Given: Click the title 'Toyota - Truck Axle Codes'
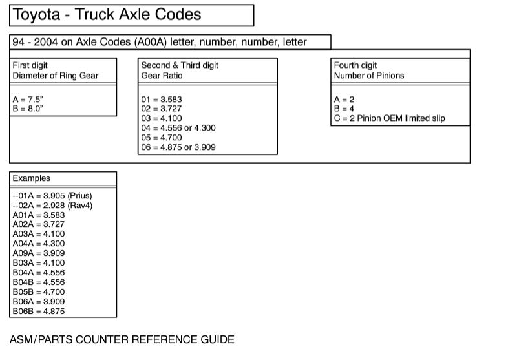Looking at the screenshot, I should (107, 14).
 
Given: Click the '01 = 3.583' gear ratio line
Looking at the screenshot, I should (161, 100).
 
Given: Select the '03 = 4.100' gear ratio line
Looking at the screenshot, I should (161, 118).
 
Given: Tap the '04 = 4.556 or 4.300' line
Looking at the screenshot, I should (178, 128).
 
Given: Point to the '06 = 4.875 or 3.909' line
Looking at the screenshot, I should (178, 147).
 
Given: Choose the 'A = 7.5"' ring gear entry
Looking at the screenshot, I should (28, 100).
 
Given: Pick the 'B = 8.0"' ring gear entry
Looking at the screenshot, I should (28, 109).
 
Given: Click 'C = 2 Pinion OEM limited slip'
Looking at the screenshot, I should (390, 118).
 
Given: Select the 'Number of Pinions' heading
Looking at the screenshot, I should (369, 76).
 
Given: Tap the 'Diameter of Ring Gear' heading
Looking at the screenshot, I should (56, 76).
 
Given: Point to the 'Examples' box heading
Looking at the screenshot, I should (31, 178).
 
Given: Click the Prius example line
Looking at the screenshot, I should (52, 195).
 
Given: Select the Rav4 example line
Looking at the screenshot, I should (52, 205).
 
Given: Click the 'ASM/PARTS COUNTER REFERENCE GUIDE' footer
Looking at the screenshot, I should (122, 339).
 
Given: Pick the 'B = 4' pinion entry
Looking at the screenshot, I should (344, 109).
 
